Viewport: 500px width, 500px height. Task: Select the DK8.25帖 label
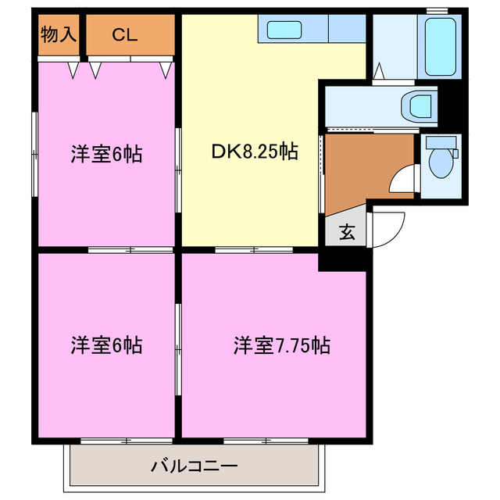(254, 152)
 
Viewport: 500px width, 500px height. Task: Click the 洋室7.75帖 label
(281, 345)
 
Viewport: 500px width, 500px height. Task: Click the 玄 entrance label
(345, 231)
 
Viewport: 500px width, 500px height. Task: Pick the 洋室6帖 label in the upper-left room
(106, 154)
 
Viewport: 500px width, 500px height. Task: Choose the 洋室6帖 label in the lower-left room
(106, 345)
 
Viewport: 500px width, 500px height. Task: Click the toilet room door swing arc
(405, 181)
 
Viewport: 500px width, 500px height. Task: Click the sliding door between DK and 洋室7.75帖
(254, 250)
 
